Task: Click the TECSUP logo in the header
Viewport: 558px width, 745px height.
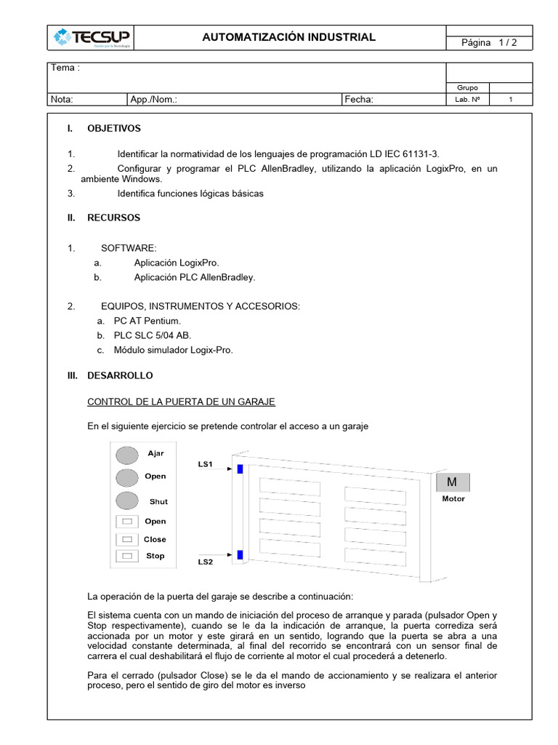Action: click(91, 38)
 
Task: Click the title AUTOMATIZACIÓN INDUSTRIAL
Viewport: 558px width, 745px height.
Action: click(289, 37)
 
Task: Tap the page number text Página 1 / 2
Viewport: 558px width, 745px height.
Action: click(487, 43)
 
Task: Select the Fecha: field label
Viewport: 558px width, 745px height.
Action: click(358, 100)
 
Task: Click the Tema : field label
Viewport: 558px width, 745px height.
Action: click(64, 68)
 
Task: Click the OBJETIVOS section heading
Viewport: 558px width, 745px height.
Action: click(114, 129)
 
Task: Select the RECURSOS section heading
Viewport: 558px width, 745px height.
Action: click(113, 218)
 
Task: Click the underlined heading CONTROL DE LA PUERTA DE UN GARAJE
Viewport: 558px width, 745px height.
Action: click(181, 402)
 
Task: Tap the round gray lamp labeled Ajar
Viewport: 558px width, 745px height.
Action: click(127, 455)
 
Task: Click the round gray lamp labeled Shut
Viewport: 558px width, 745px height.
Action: click(127, 501)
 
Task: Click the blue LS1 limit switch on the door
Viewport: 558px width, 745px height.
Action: click(240, 469)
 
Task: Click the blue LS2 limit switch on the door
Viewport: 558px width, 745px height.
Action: click(240, 556)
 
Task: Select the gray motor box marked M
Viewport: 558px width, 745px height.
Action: click(453, 482)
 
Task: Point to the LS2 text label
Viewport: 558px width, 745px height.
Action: click(206, 562)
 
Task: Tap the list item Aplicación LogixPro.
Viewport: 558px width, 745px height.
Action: click(176, 262)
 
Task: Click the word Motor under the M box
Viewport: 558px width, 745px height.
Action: click(453, 499)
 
